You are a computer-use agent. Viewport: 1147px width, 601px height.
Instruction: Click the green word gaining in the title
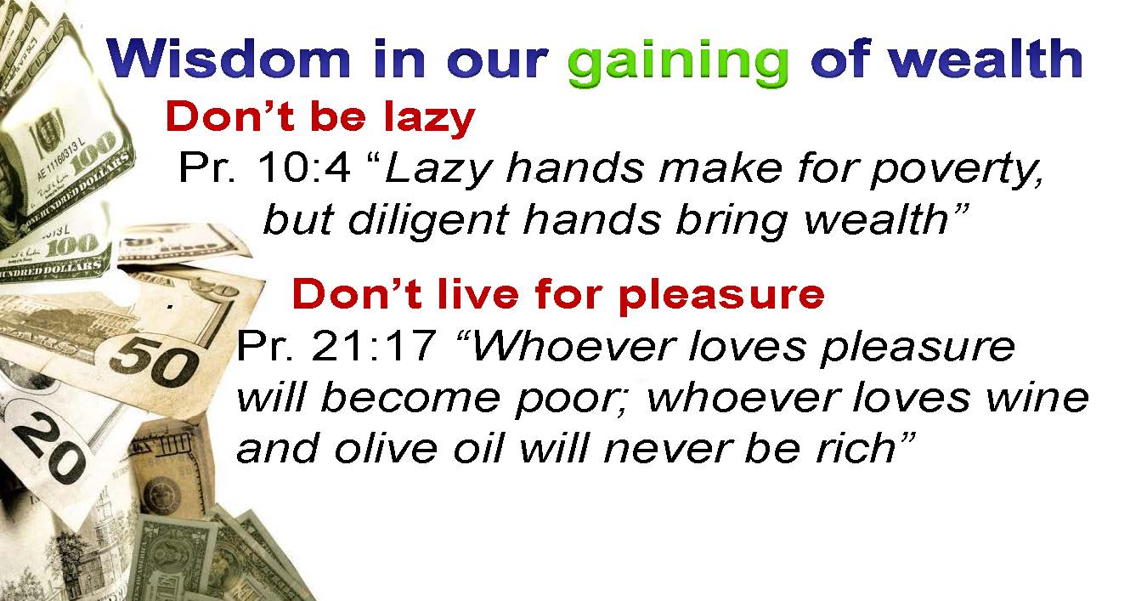(x=678, y=63)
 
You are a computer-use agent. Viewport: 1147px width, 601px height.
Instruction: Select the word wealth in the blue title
(x=986, y=58)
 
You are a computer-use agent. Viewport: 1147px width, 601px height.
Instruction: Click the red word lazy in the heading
(x=430, y=118)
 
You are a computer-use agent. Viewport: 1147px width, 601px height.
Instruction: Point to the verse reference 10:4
(x=304, y=167)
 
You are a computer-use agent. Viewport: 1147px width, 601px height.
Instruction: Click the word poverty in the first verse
(x=957, y=170)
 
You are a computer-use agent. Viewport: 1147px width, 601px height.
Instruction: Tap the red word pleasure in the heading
(x=721, y=296)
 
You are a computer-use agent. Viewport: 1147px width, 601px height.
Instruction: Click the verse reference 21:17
(x=373, y=346)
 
